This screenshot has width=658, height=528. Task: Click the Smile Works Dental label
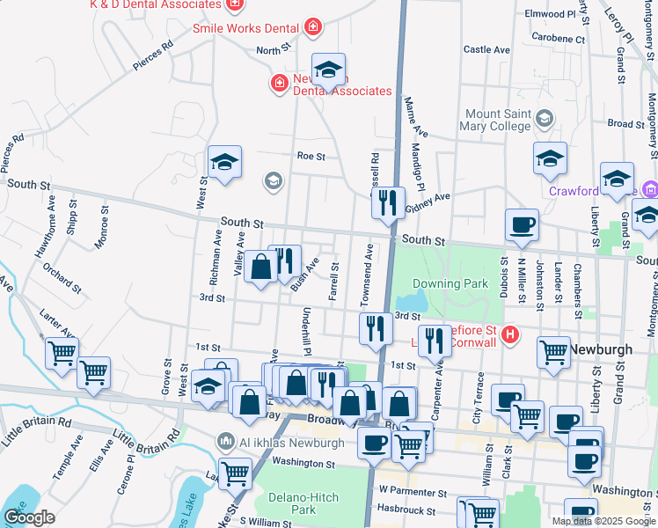pos(242,28)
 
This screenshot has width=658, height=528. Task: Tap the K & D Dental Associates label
pos(154,4)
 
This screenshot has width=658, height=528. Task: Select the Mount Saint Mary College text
pos(498,120)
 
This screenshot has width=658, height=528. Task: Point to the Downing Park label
pos(450,284)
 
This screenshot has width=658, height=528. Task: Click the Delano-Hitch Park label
pos(303,502)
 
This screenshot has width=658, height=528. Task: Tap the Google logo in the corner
pos(29,517)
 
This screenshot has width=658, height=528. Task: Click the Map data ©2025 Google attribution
pos(603,521)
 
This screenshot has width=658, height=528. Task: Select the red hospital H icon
pos(509,334)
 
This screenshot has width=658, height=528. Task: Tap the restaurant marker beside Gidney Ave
pos(387,203)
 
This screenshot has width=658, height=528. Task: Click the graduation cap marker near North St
pos(328,70)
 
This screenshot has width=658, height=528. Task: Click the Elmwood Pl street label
pos(549,14)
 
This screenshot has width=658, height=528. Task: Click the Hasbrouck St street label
pos(406,510)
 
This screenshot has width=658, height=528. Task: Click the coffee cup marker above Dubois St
pos(522,224)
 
